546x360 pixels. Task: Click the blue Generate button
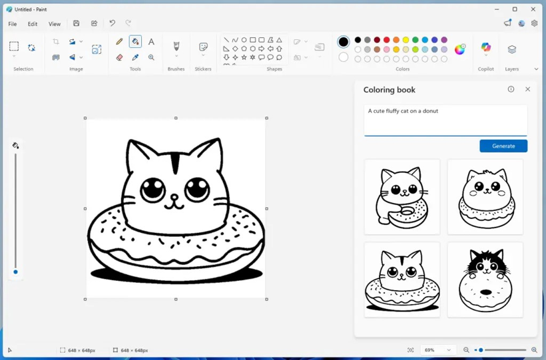(503, 146)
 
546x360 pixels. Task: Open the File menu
(13, 24)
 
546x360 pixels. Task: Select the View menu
(55, 24)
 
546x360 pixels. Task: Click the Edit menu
(33, 24)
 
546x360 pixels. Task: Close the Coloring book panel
(527, 89)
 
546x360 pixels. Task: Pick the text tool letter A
(151, 42)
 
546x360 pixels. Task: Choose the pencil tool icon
(120, 42)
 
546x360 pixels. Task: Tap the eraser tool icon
(120, 58)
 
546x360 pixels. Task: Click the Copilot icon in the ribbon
(486, 49)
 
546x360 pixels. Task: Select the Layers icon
(511, 50)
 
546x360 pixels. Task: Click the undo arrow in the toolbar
(112, 23)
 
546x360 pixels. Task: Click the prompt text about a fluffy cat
(404, 111)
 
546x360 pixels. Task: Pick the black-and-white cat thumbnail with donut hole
(485, 279)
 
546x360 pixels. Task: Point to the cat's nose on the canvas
(174, 198)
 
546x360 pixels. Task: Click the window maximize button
(515, 9)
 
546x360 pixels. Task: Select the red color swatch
(386, 40)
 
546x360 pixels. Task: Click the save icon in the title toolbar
(77, 23)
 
